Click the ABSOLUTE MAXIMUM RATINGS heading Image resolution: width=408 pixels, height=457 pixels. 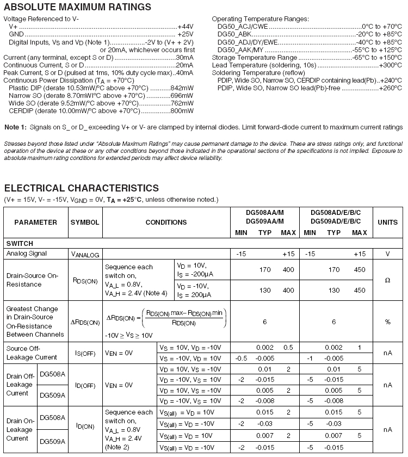click(x=78, y=7)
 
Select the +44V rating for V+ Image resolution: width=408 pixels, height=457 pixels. click(x=186, y=26)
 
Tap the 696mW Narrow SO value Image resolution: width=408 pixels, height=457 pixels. click(x=182, y=95)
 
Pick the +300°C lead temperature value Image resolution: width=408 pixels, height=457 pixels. click(x=390, y=65)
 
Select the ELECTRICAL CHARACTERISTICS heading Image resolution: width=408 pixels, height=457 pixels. click(x=82, y=188)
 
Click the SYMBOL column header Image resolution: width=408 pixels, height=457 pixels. click(x=85, y=222)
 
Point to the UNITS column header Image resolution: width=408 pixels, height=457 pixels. click(x=388, y=222)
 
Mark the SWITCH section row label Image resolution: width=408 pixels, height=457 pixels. click(x=20, y=244)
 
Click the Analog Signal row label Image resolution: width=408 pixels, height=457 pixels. click(x=27, y=254)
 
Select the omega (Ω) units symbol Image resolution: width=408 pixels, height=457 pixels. click(x=387, y=280)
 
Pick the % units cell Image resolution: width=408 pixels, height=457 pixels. click(x=387, y=322)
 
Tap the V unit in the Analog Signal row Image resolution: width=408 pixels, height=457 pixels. click(x=387, y=254)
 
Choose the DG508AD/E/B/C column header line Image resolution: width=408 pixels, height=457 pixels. click(x=336, y=213)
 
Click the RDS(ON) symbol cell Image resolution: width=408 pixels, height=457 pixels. click(x=85, y=280)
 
